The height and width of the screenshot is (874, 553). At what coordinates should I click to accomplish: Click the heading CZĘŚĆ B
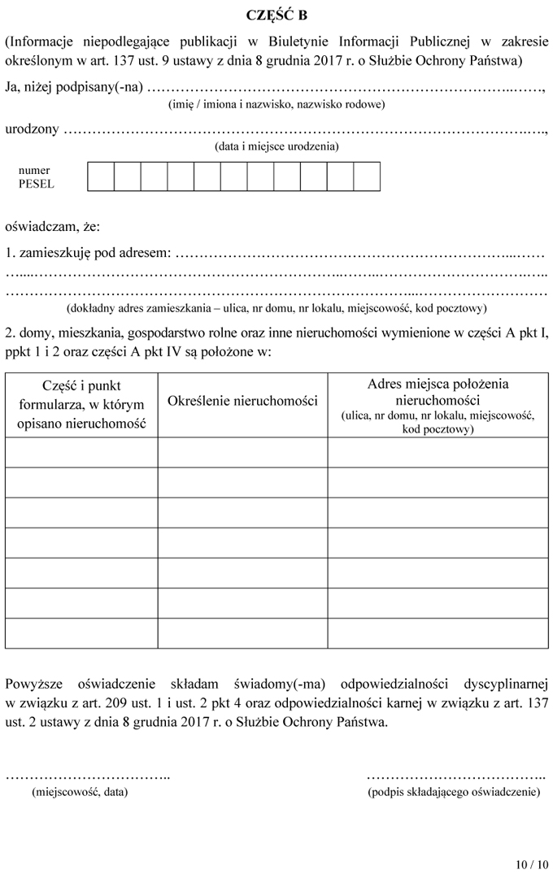(x=276, y=15)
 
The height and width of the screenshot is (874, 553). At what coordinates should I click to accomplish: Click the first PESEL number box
(x=101, y=176)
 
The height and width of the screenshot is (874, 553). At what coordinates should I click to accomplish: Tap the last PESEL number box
(x=367, y=176)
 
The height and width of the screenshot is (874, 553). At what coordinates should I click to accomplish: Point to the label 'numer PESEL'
(x=36, y=176)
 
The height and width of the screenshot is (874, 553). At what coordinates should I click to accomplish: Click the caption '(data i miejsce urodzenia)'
(x=276, y=147)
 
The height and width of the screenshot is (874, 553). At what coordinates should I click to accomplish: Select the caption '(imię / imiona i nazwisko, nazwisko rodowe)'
(x=276, y=104)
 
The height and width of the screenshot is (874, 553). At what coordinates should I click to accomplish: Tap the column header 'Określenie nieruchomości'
(x=242, y=402)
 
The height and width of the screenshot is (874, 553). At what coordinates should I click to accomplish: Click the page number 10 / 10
(x=532, y=863)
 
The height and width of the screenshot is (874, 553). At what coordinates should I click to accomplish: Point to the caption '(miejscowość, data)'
(x=79, y=791)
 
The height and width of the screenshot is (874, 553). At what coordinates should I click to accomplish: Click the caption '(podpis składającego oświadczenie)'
(x=454, y=791)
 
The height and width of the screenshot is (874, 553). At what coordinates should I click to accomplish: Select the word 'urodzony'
(x=32, y=130)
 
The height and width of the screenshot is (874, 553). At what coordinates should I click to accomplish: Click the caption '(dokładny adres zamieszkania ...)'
(x=276, y=308)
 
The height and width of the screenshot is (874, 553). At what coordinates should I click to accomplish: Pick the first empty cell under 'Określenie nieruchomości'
(x=242, y=452)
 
